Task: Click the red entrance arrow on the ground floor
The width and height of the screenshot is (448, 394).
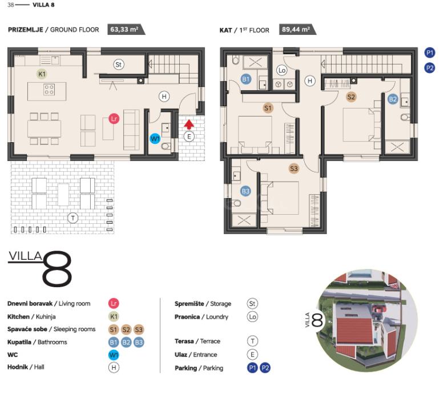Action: coord(189,124)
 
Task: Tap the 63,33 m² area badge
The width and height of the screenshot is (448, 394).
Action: coord(126,30)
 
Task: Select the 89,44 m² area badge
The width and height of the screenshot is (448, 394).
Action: coord(297,30)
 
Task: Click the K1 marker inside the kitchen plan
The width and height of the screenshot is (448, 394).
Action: coord(42,74)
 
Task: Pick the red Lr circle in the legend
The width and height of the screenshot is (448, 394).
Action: coord(114,303)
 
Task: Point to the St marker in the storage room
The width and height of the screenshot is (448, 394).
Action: coord(118,65)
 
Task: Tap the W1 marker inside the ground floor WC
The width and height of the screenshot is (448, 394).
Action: coord(155,139)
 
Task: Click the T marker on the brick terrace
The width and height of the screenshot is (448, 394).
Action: coord(73,218)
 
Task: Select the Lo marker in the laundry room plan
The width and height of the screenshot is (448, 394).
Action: coord(282,70)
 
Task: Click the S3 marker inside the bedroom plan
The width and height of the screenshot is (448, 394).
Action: coord(294,168)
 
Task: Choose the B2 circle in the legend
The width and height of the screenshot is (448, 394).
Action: coord(126,342)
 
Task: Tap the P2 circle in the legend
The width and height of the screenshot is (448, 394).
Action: coord(265,368)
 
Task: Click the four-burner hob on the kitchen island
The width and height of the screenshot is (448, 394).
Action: coord(49,89)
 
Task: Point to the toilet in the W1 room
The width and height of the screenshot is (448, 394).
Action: coord(166,147)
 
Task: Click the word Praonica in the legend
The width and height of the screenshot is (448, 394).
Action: coord(187,317)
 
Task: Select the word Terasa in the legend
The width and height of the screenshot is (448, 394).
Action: coord(184,341)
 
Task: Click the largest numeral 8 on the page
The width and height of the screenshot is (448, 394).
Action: coord(57,269)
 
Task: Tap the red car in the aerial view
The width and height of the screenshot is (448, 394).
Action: coord(378,309)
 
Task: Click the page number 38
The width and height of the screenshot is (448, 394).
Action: coord(11,5)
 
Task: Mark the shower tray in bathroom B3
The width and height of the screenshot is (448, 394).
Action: coord(244,220)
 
